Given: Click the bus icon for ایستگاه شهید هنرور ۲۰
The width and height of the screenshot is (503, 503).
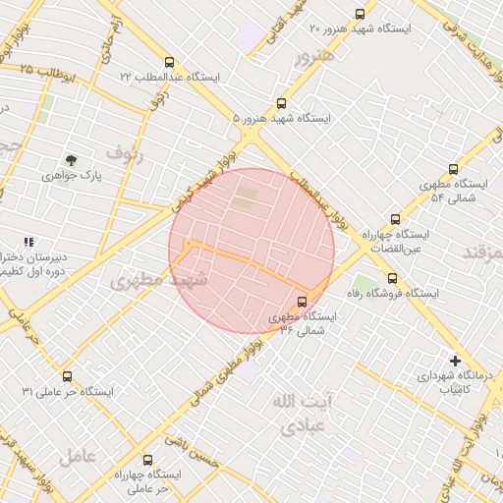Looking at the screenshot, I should [x=360, y=15].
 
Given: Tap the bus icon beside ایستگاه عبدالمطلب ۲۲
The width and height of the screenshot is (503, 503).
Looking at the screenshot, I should [x=170, y=62].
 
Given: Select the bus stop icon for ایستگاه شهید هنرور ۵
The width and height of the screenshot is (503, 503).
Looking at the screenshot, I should [x=282, y=103].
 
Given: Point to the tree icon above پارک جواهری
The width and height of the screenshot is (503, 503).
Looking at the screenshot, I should [x=70, y=159].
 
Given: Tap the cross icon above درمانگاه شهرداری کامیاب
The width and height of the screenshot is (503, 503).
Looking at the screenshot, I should [x=454, y=360].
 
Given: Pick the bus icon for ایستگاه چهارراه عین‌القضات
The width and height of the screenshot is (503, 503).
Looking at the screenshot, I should [x=395, y=220].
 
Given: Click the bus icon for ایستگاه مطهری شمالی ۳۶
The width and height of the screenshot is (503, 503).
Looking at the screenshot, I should [x=301, y=302].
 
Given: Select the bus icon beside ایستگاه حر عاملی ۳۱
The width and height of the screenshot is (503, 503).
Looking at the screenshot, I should [x=67, y=376].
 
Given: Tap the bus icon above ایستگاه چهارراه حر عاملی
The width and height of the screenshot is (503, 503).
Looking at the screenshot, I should [x=147, y=460].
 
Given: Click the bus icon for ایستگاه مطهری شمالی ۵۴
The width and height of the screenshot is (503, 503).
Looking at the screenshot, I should [x=453, y=169].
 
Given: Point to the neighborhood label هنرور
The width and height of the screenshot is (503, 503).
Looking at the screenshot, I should [x=315, y=54].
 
